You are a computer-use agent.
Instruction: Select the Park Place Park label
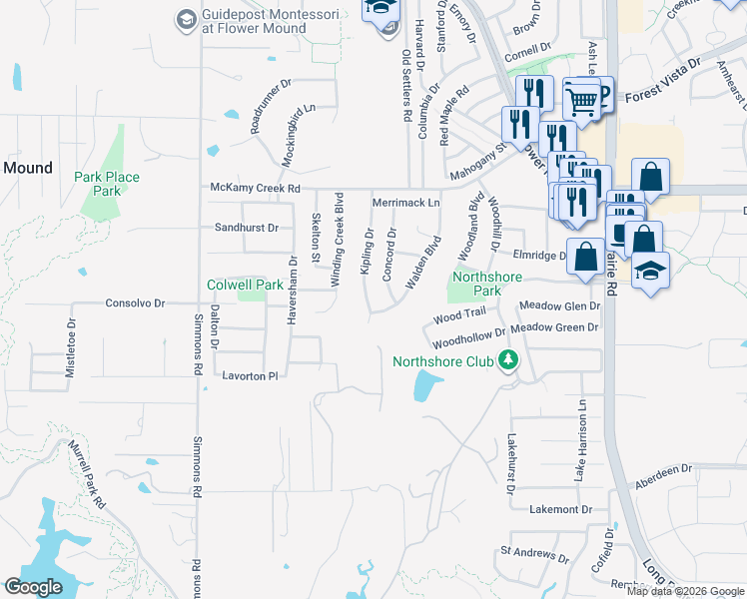107,184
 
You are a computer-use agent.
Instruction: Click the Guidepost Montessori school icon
186,19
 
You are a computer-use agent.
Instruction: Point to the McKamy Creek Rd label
255,188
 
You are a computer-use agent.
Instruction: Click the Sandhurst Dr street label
246,228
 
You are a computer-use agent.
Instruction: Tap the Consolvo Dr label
135,302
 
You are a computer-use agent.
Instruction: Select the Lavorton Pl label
246,376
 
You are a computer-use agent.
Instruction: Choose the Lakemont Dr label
540,509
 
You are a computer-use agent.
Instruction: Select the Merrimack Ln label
405,203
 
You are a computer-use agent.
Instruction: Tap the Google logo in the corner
33,587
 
